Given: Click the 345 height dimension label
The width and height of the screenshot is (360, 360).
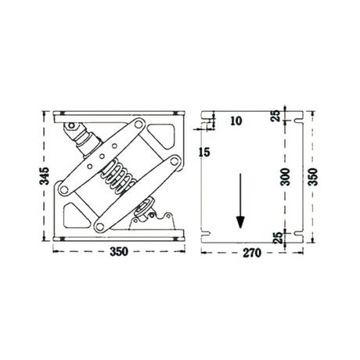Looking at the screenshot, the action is (45, 176).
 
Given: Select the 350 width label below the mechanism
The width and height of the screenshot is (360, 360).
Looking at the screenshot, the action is (119, 252).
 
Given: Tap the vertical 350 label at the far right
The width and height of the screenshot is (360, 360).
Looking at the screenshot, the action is (313, 177).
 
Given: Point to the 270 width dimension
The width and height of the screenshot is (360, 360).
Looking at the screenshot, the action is (252, 253).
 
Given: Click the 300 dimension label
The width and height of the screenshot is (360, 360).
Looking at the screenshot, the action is (285, 177).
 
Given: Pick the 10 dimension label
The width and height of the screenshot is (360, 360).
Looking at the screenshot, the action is (236, 121).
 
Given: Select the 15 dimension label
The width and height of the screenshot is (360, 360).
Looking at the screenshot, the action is (204, 152).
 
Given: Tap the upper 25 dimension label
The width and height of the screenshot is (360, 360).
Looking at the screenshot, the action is (275, 116).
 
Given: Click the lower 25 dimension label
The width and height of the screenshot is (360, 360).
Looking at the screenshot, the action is (278, 238).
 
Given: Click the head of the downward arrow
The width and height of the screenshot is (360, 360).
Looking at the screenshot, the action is (240, 222).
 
